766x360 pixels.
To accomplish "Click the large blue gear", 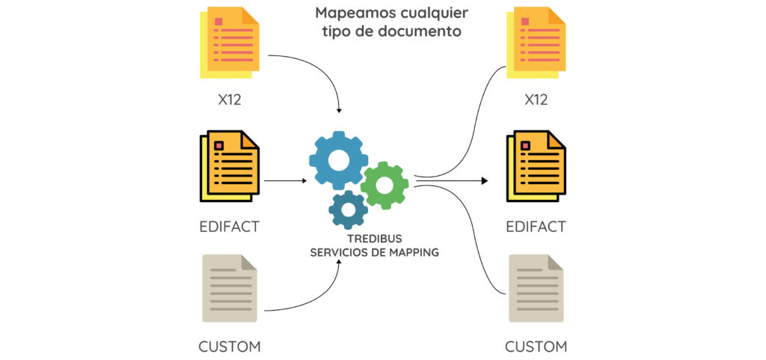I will [338, 159].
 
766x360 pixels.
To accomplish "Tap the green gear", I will [384, 184].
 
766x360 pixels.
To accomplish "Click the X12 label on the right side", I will [536, 100].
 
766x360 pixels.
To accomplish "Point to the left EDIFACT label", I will [230, 226].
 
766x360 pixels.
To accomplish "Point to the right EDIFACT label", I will [536, 226].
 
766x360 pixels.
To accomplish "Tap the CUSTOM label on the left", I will [230, 347].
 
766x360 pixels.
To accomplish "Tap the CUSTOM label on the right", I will [536, 347].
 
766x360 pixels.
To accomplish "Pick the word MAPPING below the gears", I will [413, 252].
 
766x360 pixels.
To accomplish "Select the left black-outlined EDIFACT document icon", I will [230, 165].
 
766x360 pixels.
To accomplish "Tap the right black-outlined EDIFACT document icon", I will [536, 165].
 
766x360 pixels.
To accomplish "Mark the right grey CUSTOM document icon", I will [536, 287].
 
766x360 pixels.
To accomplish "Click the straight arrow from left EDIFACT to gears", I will [285, 181].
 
